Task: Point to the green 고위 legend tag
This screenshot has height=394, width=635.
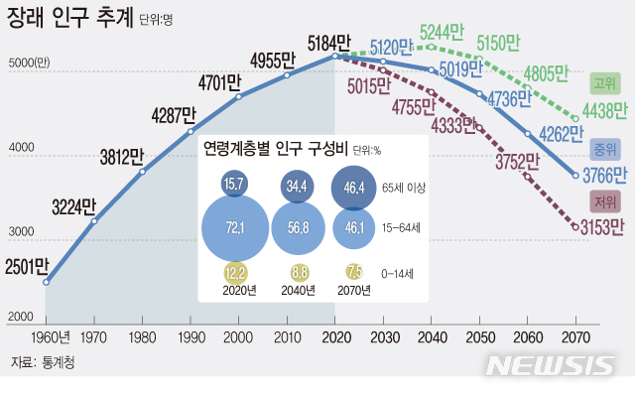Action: (603, 81)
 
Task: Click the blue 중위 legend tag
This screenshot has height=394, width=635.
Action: (603, 150)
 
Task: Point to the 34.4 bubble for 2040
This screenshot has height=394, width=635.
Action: (296, 186)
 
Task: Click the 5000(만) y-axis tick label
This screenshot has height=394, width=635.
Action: (28, 63)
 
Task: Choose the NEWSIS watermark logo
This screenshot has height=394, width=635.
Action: (551, 365)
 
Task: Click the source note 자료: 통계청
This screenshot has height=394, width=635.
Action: (42, 363)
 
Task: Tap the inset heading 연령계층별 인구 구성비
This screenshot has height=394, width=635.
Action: (274, 149)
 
